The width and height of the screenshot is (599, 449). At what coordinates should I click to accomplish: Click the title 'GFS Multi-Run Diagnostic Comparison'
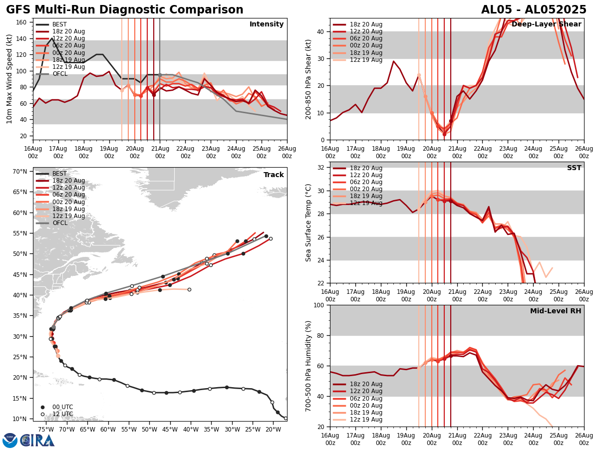tap(125, 10)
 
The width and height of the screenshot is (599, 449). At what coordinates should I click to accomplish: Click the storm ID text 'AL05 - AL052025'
tap(534, 10)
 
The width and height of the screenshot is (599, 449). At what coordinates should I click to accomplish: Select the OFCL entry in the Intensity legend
tap(59, 74)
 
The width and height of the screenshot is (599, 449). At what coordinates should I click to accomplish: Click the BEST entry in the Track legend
tap(59, 174)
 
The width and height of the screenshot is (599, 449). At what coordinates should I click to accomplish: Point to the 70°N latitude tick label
tap(20, 172)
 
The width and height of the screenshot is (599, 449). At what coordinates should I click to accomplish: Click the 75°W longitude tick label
tap(46, 429)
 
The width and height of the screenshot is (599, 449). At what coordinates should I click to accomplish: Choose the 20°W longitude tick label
tap(273, 429)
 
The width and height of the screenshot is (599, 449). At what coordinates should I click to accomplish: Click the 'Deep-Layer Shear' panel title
tap(546, 24)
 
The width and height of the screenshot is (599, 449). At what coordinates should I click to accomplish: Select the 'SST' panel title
tap(574, 168)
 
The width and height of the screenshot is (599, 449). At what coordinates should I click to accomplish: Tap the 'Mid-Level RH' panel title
tap(556, 311)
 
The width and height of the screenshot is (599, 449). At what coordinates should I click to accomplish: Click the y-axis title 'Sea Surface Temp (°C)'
tap(308, 223)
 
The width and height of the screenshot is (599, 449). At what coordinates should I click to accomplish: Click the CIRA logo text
tap(37, 440)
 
